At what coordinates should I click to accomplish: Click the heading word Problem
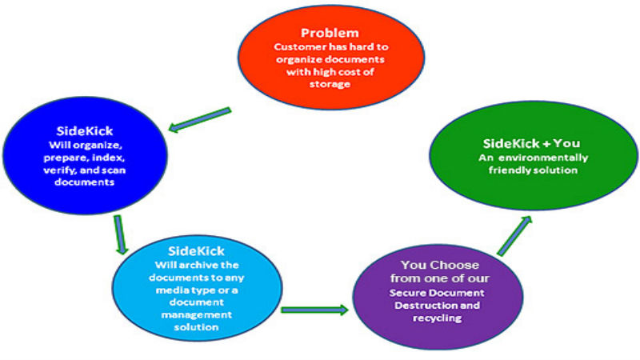tap(330, 33)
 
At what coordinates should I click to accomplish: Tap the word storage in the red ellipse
tap(330, 84)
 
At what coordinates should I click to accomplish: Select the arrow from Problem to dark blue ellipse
tap(200, 119)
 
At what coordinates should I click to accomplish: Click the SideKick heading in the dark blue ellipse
tap(85, 131)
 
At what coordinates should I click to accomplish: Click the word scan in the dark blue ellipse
tap(114, 170)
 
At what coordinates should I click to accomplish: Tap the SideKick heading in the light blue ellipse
tap(196, 250)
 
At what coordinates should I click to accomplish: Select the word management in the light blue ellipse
tap(196, 315)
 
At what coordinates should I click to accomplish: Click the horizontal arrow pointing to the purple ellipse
tap(314, 310)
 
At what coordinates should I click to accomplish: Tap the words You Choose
tap(439, 265)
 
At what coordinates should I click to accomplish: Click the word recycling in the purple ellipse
tap(437, 318)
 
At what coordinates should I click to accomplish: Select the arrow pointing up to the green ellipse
tap(514, 235)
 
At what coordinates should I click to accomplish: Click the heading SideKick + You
tap(531, 143)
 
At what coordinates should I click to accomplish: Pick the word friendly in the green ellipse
tap(507, 170)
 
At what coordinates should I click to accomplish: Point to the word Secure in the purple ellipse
tap(406, 293)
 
